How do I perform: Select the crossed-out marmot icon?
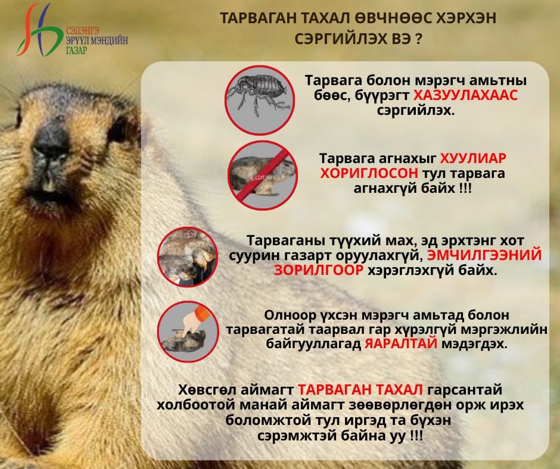point(263,175)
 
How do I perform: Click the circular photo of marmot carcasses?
point(188,257)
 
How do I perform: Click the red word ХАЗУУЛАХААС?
point(466,95)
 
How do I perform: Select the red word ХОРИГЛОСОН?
point(369,173)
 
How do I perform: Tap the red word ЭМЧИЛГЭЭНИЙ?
point(484,255)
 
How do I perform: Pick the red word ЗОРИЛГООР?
point(319,270)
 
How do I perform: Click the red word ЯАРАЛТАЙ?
point(401,344)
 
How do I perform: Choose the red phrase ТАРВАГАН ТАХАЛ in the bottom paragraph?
point(360,389)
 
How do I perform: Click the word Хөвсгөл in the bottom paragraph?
point(207,389)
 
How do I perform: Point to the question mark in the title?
point(419,39)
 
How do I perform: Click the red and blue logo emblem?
point(38,30)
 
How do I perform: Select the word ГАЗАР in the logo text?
point(76,49)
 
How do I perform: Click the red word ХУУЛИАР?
point(473,158)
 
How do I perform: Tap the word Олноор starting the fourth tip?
point(290,315)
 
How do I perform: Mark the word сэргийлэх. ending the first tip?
point(416,110)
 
